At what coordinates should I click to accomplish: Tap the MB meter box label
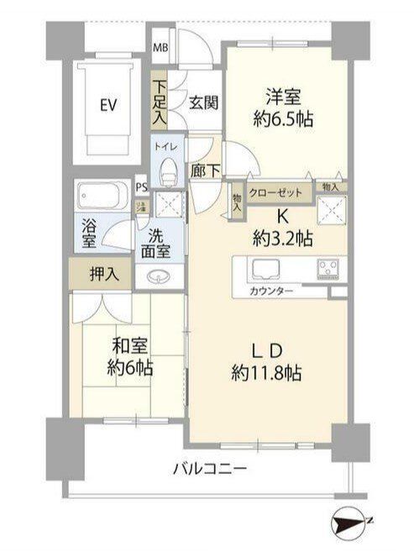[x=160, y=46]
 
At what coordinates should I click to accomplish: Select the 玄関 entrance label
[x=203, y=103]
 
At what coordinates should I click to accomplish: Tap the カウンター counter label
[x=271, y=292]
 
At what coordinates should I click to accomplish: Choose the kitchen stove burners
[x=328, y=269]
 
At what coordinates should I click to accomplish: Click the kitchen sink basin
[x=266, y=269]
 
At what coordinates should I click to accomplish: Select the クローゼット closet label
[x=276, y=192]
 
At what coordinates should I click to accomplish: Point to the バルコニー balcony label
[x=210, y=468]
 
